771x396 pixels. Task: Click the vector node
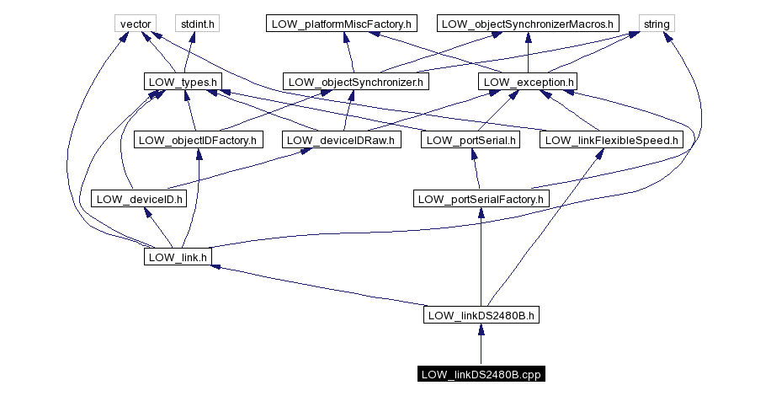click(x=135, y=24)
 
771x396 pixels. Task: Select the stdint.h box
click(x=196, y=24)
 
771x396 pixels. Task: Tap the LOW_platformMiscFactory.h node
click(x=342, y=24)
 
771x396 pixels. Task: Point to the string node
click(x=657, y=24)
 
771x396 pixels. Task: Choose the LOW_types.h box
click(x=183, y=82)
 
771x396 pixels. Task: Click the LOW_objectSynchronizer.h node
click(x=356, y=82)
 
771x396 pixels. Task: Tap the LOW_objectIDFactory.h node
click(x=198, y=140)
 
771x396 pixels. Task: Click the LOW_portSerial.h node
click(x=471, y=140)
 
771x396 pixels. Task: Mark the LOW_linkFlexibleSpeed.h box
click(x=611, y=140)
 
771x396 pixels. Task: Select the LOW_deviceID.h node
click(x=138, y=199)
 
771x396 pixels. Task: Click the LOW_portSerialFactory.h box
click(x=481, y=199)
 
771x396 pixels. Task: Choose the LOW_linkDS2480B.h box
click(x=481, y=316)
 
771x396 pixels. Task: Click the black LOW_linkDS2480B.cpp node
click(x=481, y=374)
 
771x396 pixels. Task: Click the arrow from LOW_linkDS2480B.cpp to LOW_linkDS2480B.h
click(x=481, y=345)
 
